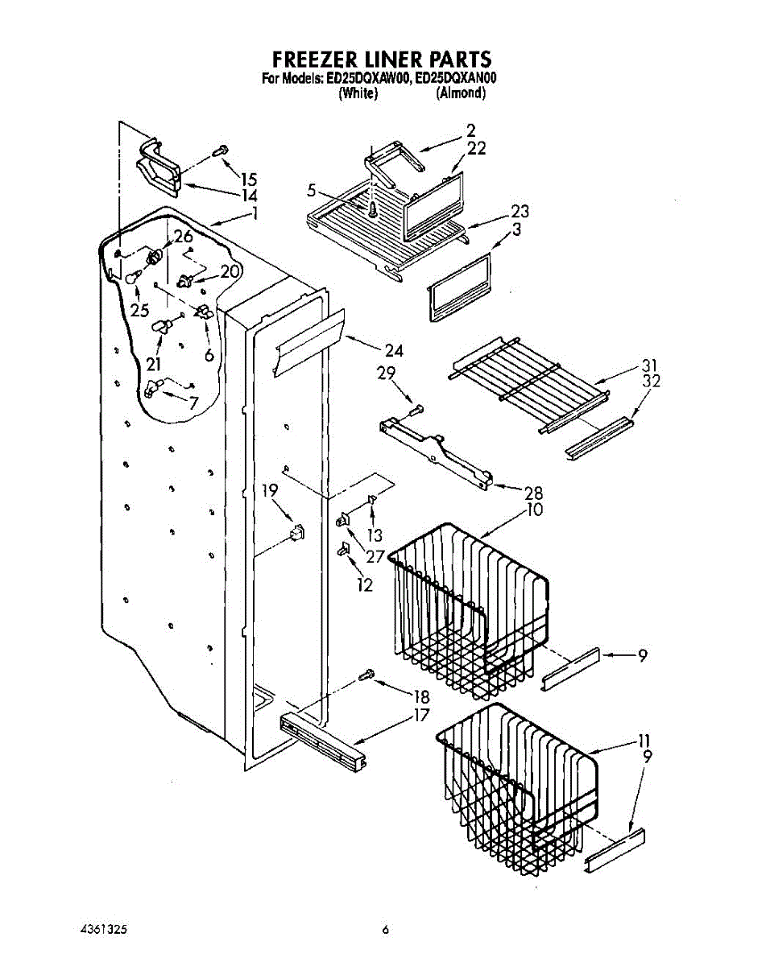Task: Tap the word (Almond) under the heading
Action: [461, 93]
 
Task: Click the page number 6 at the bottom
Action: [386, 930]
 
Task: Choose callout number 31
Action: [649, 364]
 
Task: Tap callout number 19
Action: [270, 489]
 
